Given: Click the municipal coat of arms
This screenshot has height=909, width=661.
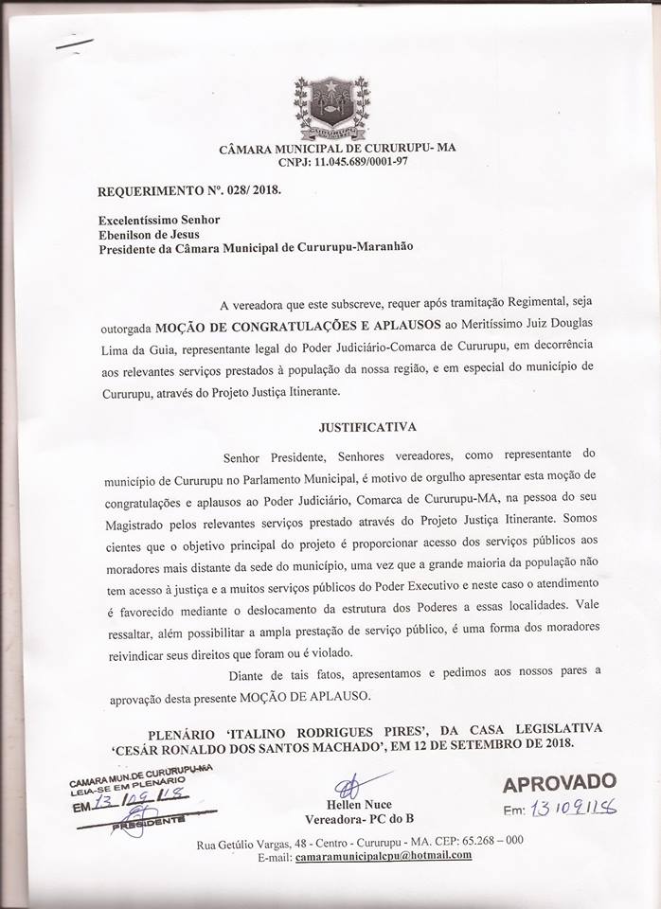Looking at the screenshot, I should coord(331,106).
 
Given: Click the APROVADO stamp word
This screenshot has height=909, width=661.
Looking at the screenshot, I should coord(559,784).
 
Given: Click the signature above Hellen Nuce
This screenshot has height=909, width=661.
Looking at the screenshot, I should coord(348,785).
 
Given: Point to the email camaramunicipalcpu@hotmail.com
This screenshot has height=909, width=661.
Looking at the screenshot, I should coord(384,856).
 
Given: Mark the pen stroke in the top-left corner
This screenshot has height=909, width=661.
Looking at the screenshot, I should coord(75,42).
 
